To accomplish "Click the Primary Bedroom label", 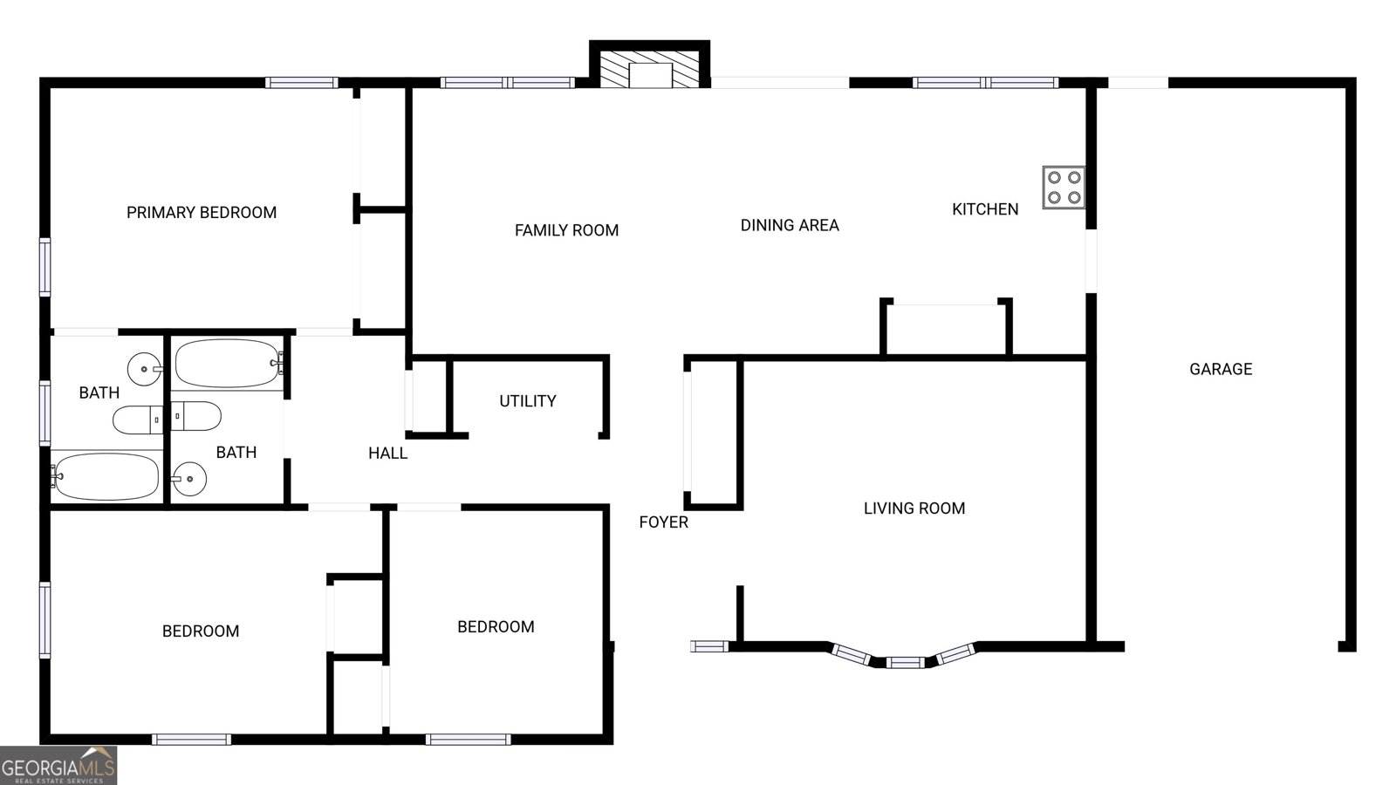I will (x=202, y=212).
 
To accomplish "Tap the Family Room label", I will (x=566, y=230).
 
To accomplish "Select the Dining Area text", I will (x=790, y=225).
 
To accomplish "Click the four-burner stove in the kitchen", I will (x=1064, y=188).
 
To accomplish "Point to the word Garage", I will (x=1221, y=369).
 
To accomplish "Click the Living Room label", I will (x=914, y=509).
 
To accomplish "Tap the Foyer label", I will (x=663, y=522).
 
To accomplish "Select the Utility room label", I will (x=527, y=401).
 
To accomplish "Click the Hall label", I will (x=387, y=454).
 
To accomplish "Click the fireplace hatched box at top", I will (x=649, y=68).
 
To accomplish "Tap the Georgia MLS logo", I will (x=58, y=766).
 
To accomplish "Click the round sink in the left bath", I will (x=144, y=369).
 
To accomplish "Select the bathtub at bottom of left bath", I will (x=106, y=476).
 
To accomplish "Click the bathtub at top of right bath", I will (x=227, y=363).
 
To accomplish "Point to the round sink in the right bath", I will (x=188, y=478).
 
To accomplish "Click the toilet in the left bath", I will (x=138, y=420).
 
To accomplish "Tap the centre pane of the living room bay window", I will (x=905, y=662).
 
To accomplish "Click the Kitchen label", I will (x=985, y=209).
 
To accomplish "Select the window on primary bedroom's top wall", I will (x=301, y=83).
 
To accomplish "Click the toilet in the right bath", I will (x=195, y=416).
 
